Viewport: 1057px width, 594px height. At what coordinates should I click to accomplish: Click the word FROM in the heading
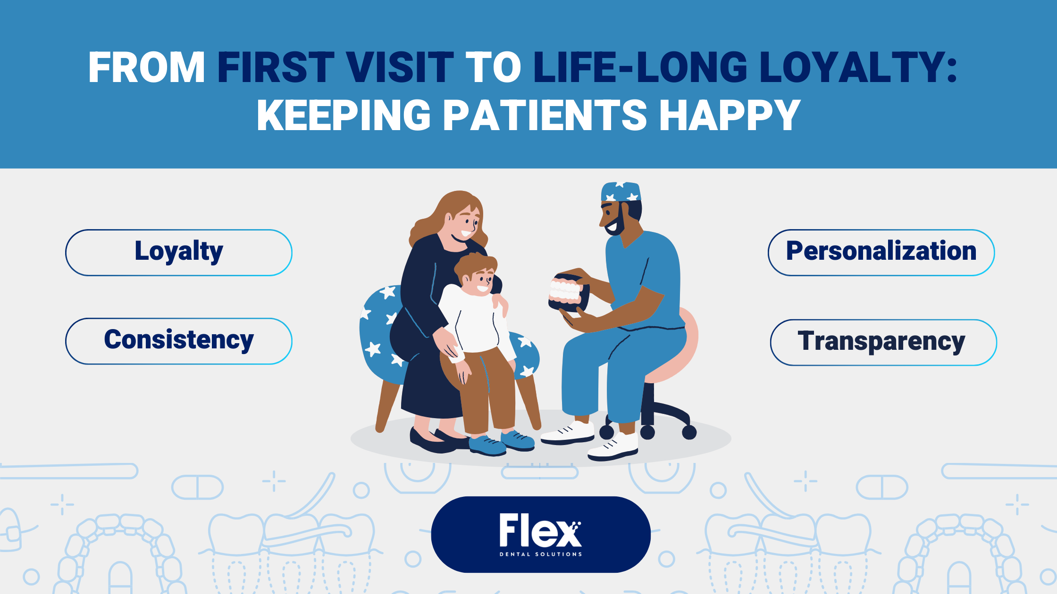[x=147, y=67]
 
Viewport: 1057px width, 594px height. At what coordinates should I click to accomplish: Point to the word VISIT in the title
[x=400, y=67]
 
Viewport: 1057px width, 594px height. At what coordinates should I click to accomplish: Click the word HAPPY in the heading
[x=730, y=115]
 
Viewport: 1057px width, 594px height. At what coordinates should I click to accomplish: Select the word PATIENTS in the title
[x=545, y=115]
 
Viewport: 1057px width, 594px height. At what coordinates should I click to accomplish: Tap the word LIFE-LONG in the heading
[x=640, y=67]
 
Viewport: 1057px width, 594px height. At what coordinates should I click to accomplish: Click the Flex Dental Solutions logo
[x=541, y=535]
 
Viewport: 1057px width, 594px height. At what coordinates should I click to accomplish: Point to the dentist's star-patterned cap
[x=621, y=191]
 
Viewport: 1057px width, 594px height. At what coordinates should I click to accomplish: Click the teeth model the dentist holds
[x=568, y=293]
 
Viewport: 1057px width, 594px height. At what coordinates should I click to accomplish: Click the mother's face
[x=464, y=224]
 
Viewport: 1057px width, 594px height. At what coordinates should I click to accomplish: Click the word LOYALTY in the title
[x=853, y=67]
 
